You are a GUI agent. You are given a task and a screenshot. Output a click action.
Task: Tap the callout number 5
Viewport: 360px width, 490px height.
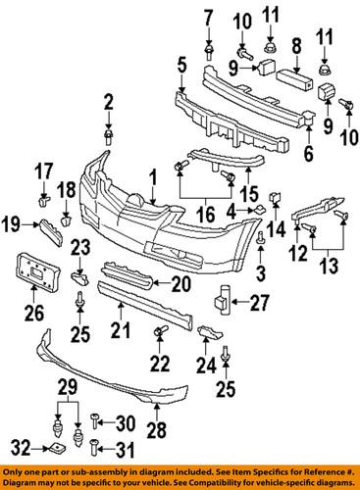click(x=180, y=65)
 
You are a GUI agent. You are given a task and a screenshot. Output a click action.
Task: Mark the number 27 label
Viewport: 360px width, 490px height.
click(x=255, y=304)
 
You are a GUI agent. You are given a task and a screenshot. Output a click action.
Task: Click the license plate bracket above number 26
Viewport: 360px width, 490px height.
click(x=36, y=271)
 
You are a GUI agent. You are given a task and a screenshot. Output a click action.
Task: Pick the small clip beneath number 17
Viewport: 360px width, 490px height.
click(x=45, y=204)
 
